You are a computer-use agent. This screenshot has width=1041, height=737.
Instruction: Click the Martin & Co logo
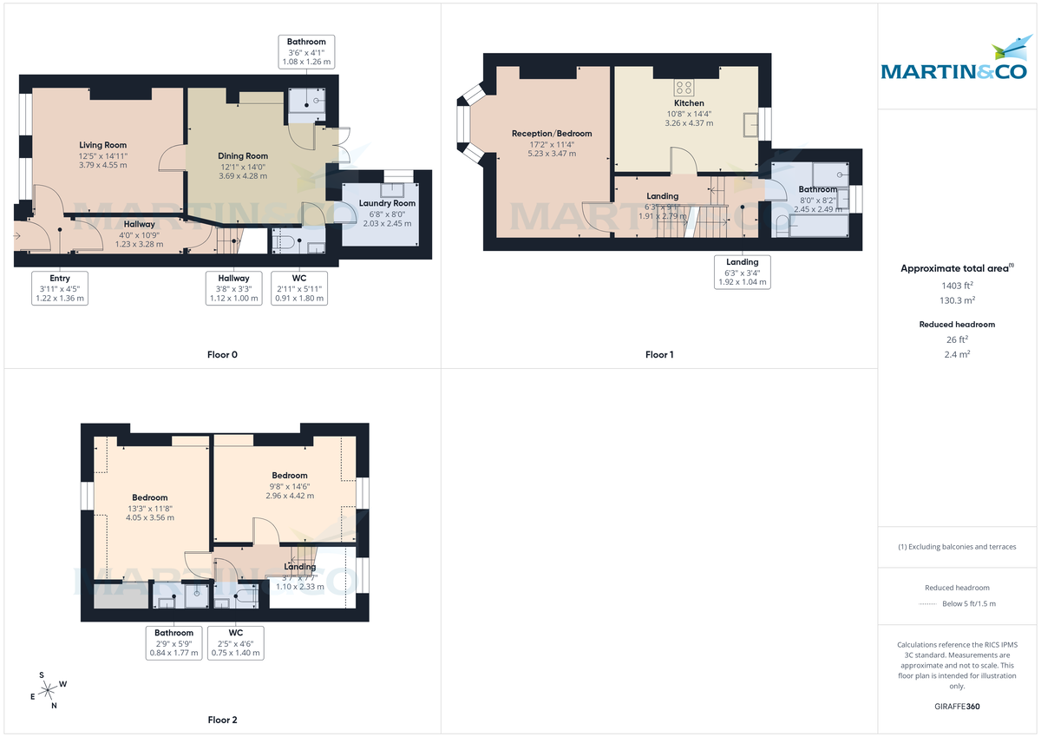pos(959,62)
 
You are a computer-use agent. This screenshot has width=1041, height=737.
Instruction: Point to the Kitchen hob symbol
pos(684,87)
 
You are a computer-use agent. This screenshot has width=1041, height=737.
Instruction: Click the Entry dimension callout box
pos(59,288)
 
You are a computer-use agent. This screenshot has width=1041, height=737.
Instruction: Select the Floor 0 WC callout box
pos(299,288)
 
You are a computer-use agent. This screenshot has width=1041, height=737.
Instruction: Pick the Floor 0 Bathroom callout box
pos(306,52)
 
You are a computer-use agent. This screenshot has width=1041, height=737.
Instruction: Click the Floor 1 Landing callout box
pos(742,272)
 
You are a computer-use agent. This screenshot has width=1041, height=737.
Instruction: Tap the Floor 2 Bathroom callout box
pos(173,642)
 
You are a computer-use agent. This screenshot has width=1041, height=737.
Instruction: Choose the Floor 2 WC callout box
pos(235,642)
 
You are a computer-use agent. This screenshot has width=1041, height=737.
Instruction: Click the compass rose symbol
pos(50,689)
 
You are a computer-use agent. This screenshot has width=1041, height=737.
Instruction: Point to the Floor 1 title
pos(659,354)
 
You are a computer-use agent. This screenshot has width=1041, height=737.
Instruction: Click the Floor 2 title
pos(222,720)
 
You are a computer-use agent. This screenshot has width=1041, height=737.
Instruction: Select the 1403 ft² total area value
pos(958,285)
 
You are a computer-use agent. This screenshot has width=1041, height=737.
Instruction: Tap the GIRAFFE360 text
pos(959,707)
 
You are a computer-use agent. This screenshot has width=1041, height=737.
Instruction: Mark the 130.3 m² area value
pos(958,299)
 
